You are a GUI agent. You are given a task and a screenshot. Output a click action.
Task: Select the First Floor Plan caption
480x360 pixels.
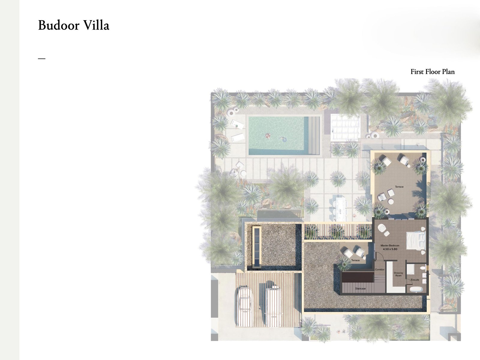[x=432, y=72]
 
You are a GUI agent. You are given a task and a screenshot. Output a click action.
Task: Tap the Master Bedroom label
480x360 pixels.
[x=390, y=246]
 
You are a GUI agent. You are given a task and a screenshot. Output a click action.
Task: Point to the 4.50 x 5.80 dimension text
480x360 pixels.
[x=390, y=249]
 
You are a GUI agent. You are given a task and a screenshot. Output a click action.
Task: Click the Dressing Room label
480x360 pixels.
[x=398, y=274]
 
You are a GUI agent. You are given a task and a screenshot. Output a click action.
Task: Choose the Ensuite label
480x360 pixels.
[x=415, y=280]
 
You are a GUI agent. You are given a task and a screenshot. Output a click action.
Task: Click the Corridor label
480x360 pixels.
[x=379, y=270]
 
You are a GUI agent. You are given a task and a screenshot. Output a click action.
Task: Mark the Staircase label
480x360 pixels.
[x=360, y=289]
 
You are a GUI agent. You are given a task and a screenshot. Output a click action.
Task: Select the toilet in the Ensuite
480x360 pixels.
[x=422, y=268]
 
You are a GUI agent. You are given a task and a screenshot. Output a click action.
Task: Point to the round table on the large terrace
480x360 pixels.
[x=391, y=202]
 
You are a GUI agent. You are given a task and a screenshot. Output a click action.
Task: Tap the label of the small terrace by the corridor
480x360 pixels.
[x=355, y=260]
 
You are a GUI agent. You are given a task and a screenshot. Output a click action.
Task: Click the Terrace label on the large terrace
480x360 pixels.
[x=399, y=187]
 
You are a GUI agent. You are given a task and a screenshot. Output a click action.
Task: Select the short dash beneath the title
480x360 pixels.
[x=41, y=59]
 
